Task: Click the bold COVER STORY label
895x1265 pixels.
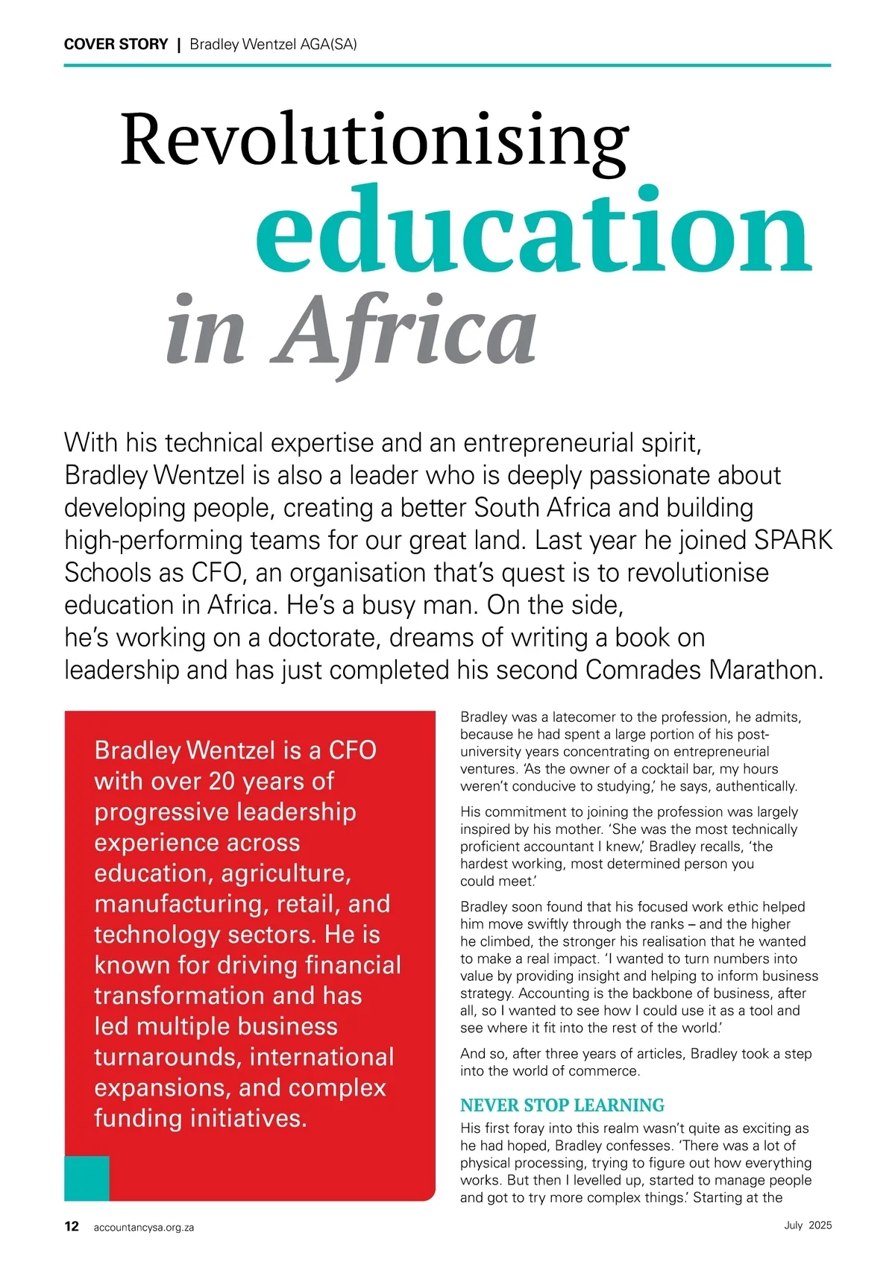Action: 116,44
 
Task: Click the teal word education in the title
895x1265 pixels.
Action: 533,230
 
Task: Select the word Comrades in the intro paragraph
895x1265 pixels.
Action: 643,669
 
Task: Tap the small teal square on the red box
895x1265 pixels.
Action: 87,1178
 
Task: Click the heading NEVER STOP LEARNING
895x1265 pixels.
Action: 562,1105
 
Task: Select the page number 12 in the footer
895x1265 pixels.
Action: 72,1226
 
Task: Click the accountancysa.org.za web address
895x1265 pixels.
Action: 143,1227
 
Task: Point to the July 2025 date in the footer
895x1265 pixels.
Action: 808,1225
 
